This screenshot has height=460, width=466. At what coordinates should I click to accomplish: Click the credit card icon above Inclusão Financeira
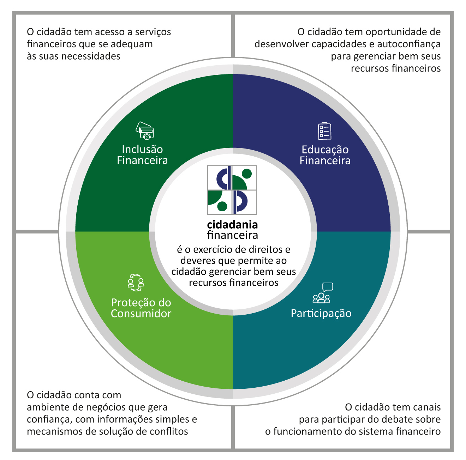[145, 131]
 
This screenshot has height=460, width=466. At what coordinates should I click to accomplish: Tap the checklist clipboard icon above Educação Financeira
[324, 131]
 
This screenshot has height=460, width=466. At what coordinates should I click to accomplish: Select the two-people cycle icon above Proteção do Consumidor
[136, 282]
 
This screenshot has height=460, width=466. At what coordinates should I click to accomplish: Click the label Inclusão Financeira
[142, 155]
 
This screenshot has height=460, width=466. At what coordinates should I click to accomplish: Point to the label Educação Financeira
[325, 155]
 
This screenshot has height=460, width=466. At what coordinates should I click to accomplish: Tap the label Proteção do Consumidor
[141, 308]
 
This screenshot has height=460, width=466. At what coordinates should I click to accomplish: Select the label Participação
[321, 314]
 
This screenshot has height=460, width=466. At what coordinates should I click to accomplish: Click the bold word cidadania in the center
[232, 225]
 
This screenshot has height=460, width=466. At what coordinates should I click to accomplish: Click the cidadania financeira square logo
[232, 190]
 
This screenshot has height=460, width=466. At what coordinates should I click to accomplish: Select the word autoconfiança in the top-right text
[409, 44]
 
